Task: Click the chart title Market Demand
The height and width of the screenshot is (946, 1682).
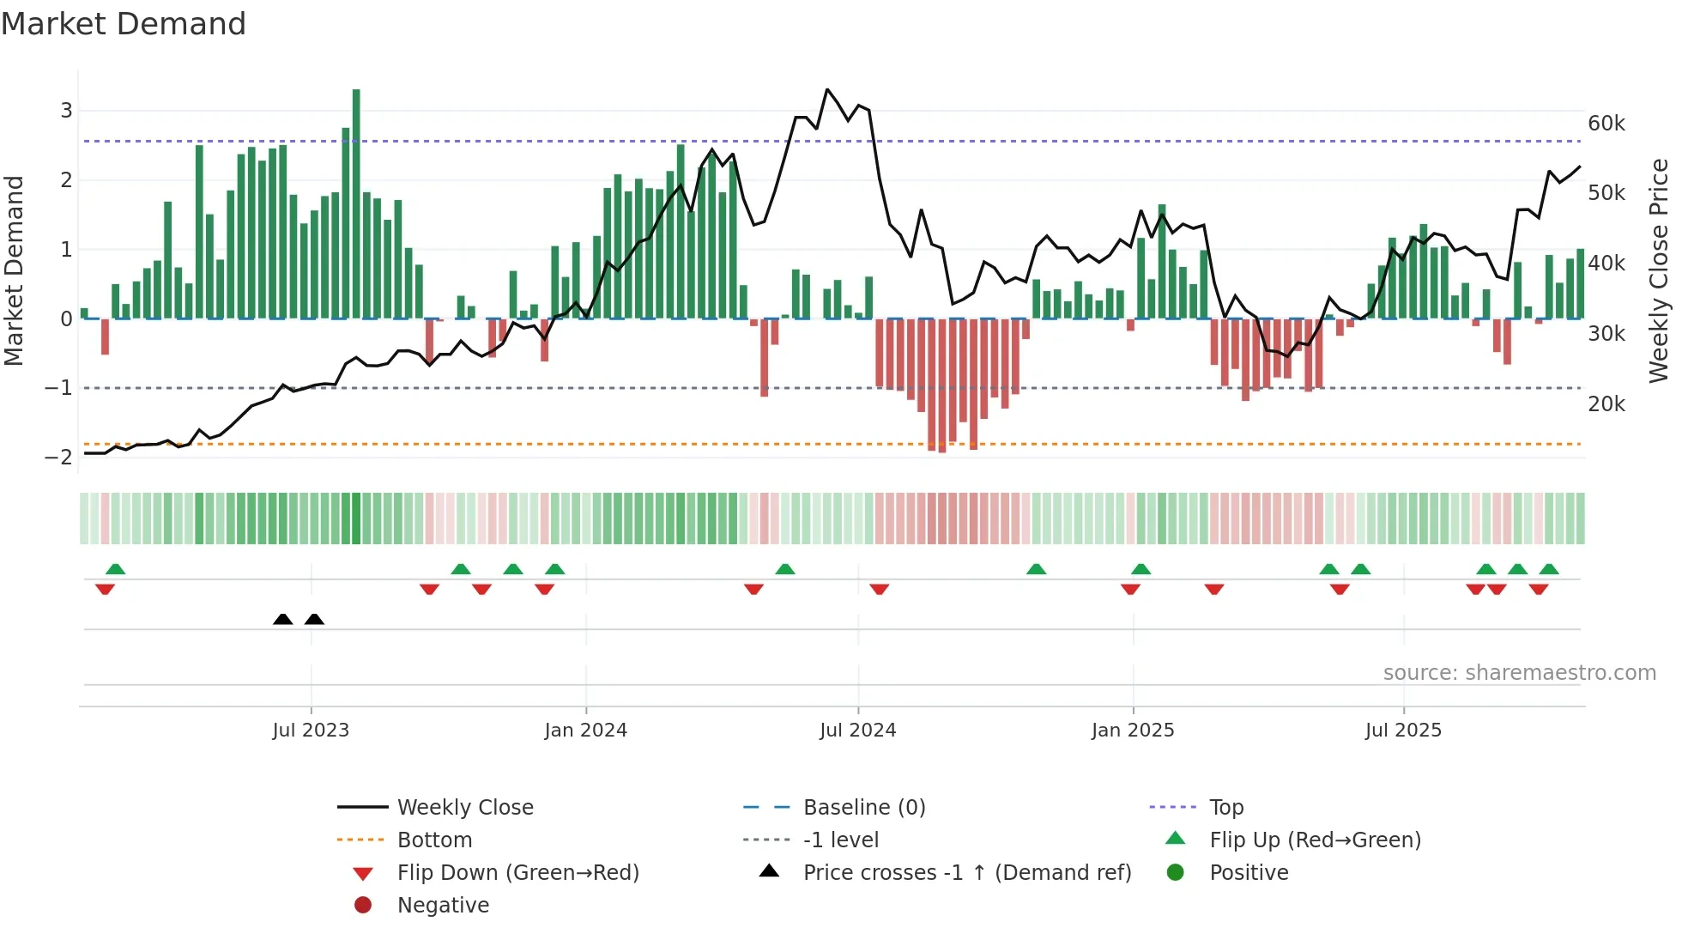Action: pos(124,24)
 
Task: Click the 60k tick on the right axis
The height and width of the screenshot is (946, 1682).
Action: pos(1606,124)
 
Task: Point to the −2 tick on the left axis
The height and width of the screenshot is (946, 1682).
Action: pos(59,458)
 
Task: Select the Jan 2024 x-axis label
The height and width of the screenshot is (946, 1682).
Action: pos(585,731)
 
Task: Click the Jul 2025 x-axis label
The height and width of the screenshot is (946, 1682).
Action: pos(1403,731)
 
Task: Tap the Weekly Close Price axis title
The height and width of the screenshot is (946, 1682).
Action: pos(1659,270)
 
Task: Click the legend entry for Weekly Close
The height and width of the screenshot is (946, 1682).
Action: pos(464,808)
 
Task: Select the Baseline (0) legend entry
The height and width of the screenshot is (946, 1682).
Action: pos(863,808)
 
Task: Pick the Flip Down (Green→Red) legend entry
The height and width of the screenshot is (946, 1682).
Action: pos(517,873)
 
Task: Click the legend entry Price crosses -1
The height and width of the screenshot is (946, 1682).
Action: pos(966,873)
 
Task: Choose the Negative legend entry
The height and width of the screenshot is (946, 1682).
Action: pos(443,906)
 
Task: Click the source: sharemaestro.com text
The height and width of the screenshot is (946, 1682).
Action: pos(1519,673)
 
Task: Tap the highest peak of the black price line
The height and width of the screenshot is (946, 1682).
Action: pos(827,89)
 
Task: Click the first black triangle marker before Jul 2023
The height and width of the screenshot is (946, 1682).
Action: pos(283,620)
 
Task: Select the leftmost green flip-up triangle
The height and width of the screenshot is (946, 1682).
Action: pos(116,569)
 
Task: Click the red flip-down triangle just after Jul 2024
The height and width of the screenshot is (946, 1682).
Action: pos(879,589)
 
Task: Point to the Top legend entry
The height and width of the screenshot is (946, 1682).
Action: pos(1225,808)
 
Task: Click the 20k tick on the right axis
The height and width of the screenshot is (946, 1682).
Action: pos(1606,404)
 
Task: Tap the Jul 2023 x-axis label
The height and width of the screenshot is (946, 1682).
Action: pos(311,731)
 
